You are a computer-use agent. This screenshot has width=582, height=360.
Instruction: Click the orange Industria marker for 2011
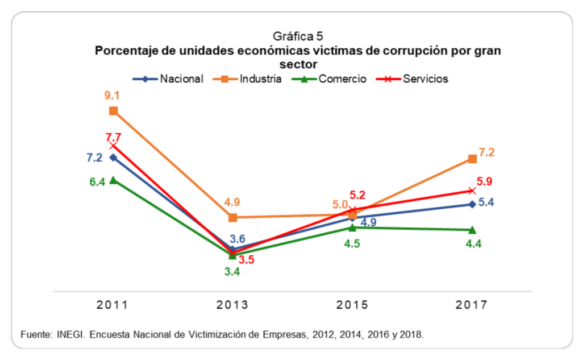coord(114,111)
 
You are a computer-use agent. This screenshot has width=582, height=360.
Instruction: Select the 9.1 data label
coord(113,96)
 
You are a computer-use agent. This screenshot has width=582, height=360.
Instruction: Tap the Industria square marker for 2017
coord(472,159)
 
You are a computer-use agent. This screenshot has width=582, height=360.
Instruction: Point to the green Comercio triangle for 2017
coord(472,230)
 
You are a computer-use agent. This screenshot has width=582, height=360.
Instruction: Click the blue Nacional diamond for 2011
coord(114,158)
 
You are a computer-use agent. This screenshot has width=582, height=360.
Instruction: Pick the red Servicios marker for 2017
coord(472,191)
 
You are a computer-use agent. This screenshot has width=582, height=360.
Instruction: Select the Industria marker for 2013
coord(232,217)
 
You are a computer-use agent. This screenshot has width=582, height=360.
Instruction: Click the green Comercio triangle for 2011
coord(114,180)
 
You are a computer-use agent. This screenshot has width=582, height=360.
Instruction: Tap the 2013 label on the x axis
coord(232,305)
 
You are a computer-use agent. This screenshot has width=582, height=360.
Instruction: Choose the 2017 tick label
coord(472,305)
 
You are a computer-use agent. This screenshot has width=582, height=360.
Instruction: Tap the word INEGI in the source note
coord(70,334)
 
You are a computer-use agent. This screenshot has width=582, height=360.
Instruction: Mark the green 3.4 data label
coord(232,271)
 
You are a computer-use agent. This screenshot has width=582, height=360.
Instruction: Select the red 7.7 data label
coord(114,137)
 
